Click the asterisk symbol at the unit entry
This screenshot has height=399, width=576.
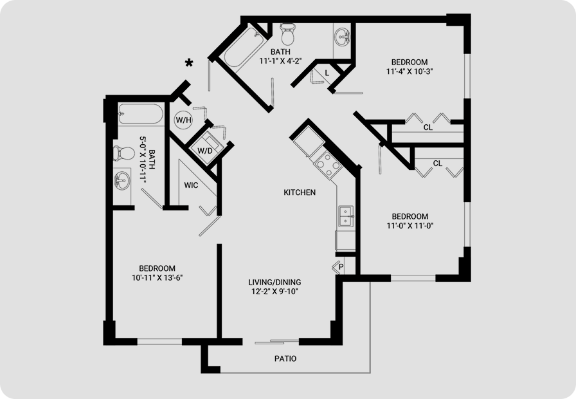coord(189,63)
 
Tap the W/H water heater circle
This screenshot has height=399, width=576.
coord(183,120)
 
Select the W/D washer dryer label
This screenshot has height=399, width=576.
coord(204,151)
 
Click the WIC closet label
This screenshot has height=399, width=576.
coord(191,185)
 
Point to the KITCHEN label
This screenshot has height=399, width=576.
coord(300,192)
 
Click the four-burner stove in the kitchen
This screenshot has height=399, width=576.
coord(328,165)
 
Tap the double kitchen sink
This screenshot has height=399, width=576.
coord(346,217)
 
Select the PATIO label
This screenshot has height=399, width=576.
coord(285,358)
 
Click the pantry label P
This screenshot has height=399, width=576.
coord(341,267)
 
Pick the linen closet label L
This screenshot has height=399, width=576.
coord(327,73)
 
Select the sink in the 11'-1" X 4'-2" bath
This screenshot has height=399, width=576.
coord(343,37)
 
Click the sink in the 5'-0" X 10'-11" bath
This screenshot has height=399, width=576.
coord(122,181)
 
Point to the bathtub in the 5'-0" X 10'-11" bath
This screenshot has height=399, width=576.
coord(140,114)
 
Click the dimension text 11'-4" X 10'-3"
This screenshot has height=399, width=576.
coord(410,71)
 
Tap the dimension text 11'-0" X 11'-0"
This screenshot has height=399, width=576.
coord(410,226)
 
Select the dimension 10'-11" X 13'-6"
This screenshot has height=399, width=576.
coord(157,277)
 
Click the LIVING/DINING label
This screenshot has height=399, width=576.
coord(274,283)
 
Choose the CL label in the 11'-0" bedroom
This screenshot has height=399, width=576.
coord(438,163)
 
